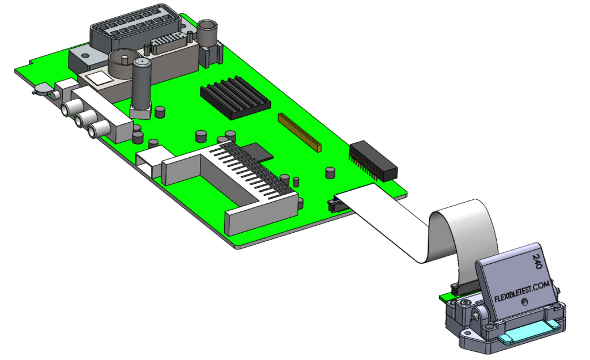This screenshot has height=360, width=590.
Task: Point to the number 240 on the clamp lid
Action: (537, 263)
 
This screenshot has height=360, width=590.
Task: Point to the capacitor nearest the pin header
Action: (331, 173)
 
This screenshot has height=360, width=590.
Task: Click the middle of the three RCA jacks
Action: (84, 119)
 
